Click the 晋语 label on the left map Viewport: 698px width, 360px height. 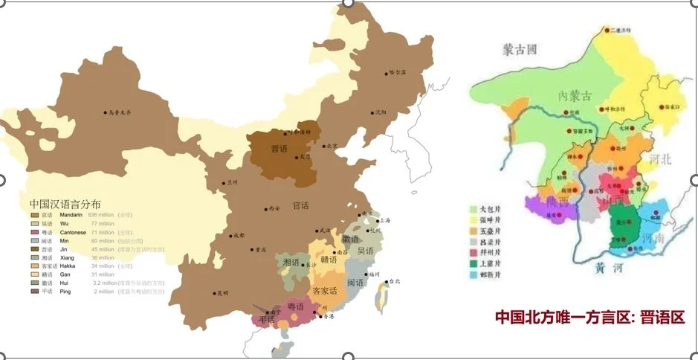[x=279, y=149]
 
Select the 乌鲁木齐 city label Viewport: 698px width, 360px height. [x=120, y=112]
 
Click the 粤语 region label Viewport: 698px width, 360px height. [x=295, y=306]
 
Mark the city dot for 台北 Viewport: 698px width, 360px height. [x=388, y=281]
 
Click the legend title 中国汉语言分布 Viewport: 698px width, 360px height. [x=65, y=203]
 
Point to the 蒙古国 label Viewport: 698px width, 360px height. [x=520, y=50]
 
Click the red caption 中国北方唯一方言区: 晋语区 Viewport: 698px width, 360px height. [x=590, y=318]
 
